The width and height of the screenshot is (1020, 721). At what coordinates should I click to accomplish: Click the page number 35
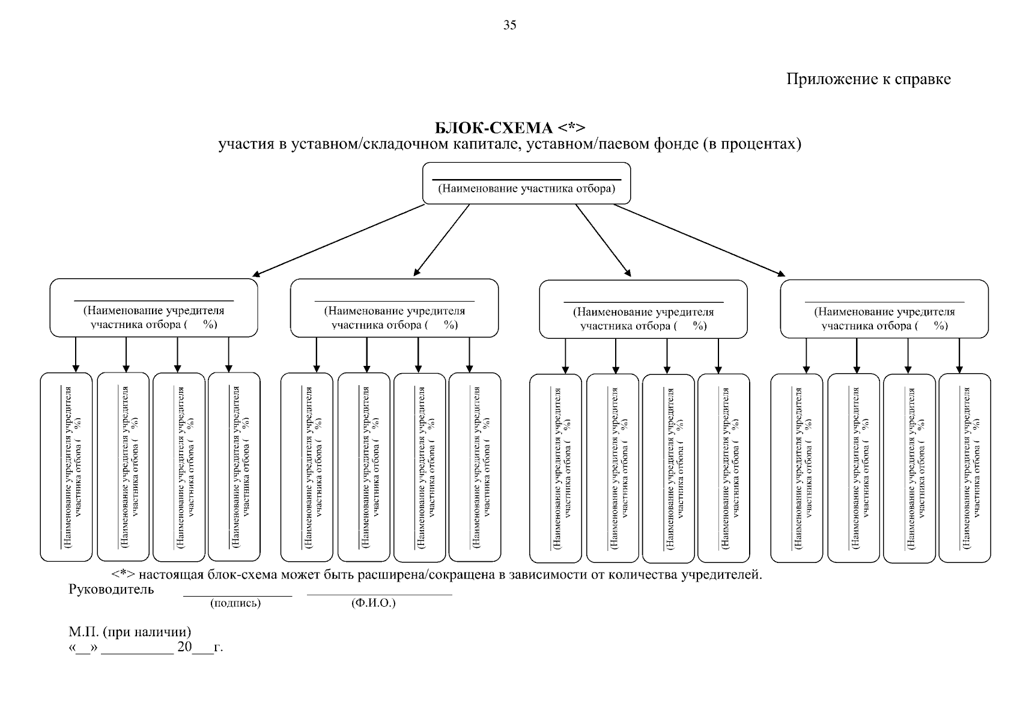(509, 25)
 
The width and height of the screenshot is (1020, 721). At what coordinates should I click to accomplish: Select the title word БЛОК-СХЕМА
(494, 128)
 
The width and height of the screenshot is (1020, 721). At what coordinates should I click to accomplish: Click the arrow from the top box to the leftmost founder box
(338, 240)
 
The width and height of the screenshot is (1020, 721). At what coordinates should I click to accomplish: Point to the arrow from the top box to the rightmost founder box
(699, 240)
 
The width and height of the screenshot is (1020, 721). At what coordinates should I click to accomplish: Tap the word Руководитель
(111, 589)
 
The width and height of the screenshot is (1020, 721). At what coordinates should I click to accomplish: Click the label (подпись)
(235, 603)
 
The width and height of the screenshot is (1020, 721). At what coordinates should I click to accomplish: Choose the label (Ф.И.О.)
(374, 603)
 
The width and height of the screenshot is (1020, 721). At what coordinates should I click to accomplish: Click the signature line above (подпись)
(238, 596)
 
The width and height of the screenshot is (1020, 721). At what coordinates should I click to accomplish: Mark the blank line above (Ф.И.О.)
(380, 595)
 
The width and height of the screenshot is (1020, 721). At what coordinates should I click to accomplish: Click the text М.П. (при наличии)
(130, 632)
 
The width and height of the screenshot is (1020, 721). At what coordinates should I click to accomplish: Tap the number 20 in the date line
(184, 646)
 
